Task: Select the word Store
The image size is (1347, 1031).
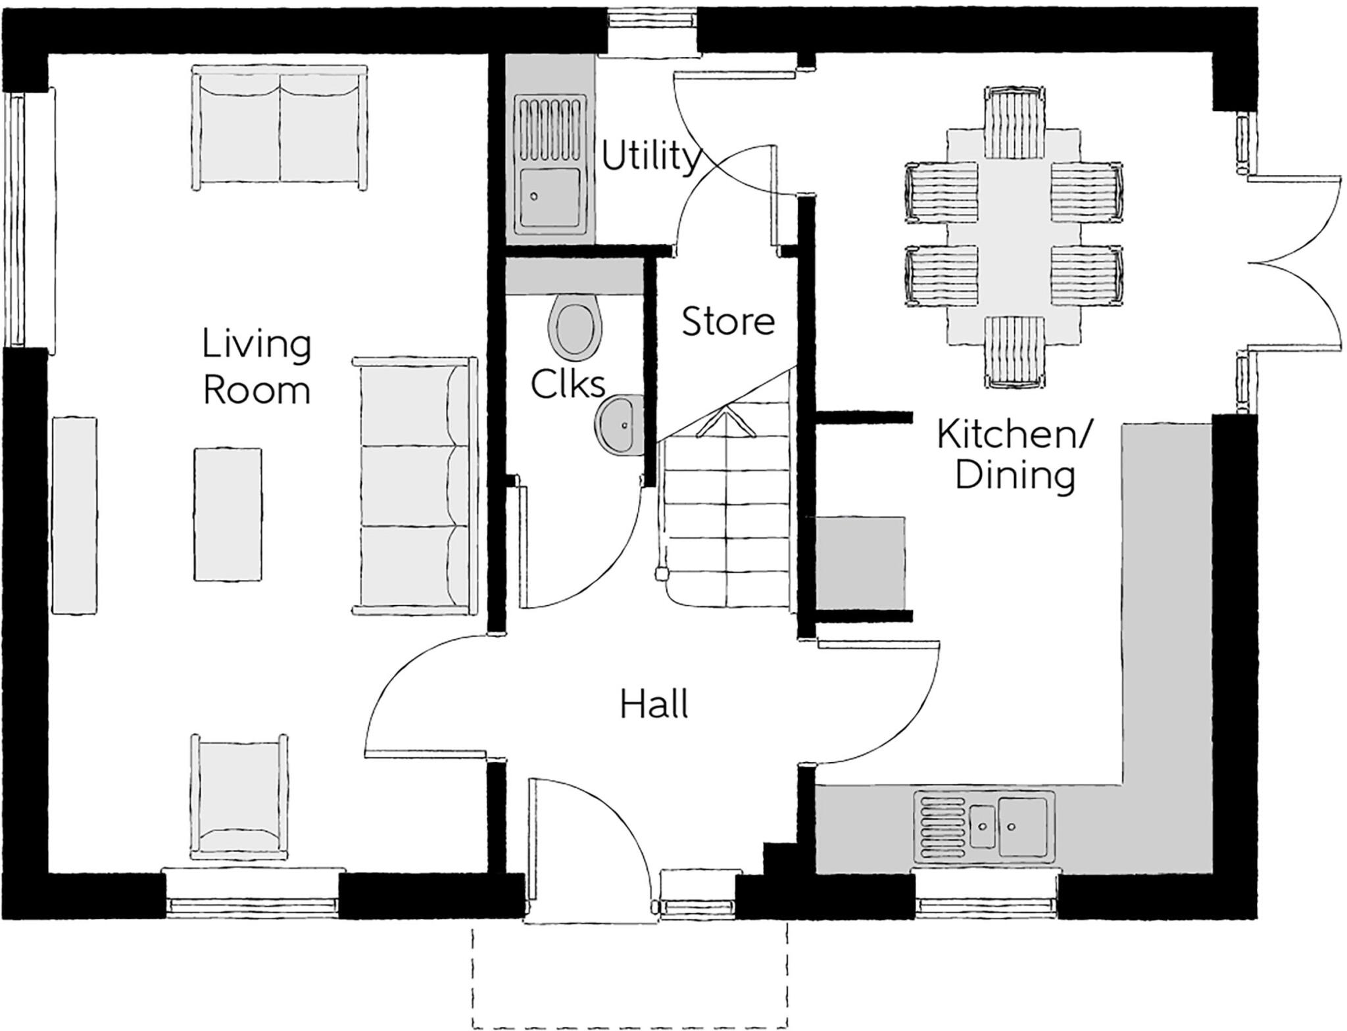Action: tap(728, 322)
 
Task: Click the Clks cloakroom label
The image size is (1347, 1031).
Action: tap(568, 384)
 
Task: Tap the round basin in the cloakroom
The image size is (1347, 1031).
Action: tap(619, 424)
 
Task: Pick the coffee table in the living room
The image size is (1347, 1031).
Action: tap(228, 514)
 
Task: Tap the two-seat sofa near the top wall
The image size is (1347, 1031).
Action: tap(280, 127)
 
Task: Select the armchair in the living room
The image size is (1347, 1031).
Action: tap(239, 797)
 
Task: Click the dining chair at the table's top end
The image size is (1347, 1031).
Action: tap(1015, 123)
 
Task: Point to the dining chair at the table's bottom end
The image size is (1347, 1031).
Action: tap(1015, 352)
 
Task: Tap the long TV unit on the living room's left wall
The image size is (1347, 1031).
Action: tap(74, 515)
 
